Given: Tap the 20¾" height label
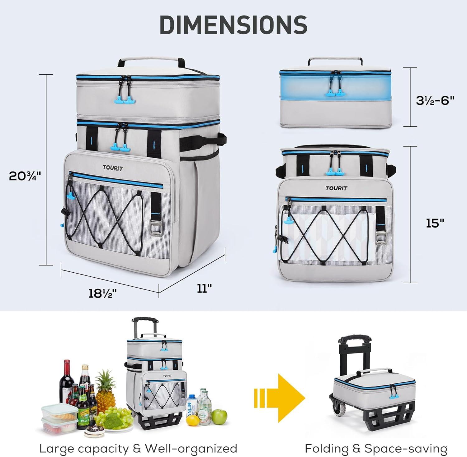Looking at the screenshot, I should pyautogui.click(x=25, y=176).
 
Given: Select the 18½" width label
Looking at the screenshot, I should pyautogui.click(x=100, y=293).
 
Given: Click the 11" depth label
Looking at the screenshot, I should pyautogui.click(x=204, y=288).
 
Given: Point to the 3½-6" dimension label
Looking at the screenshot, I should pyautogui.click(x=435, y=100).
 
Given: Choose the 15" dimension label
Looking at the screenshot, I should pyautogui.click(x=435, y=223).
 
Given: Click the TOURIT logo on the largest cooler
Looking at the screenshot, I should pyautogui.click(x=113, y=168).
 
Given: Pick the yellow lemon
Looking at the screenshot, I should pyautogui.click(x=193, y=420).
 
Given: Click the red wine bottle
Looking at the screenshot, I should pyautogui.click(x=67, y=381).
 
